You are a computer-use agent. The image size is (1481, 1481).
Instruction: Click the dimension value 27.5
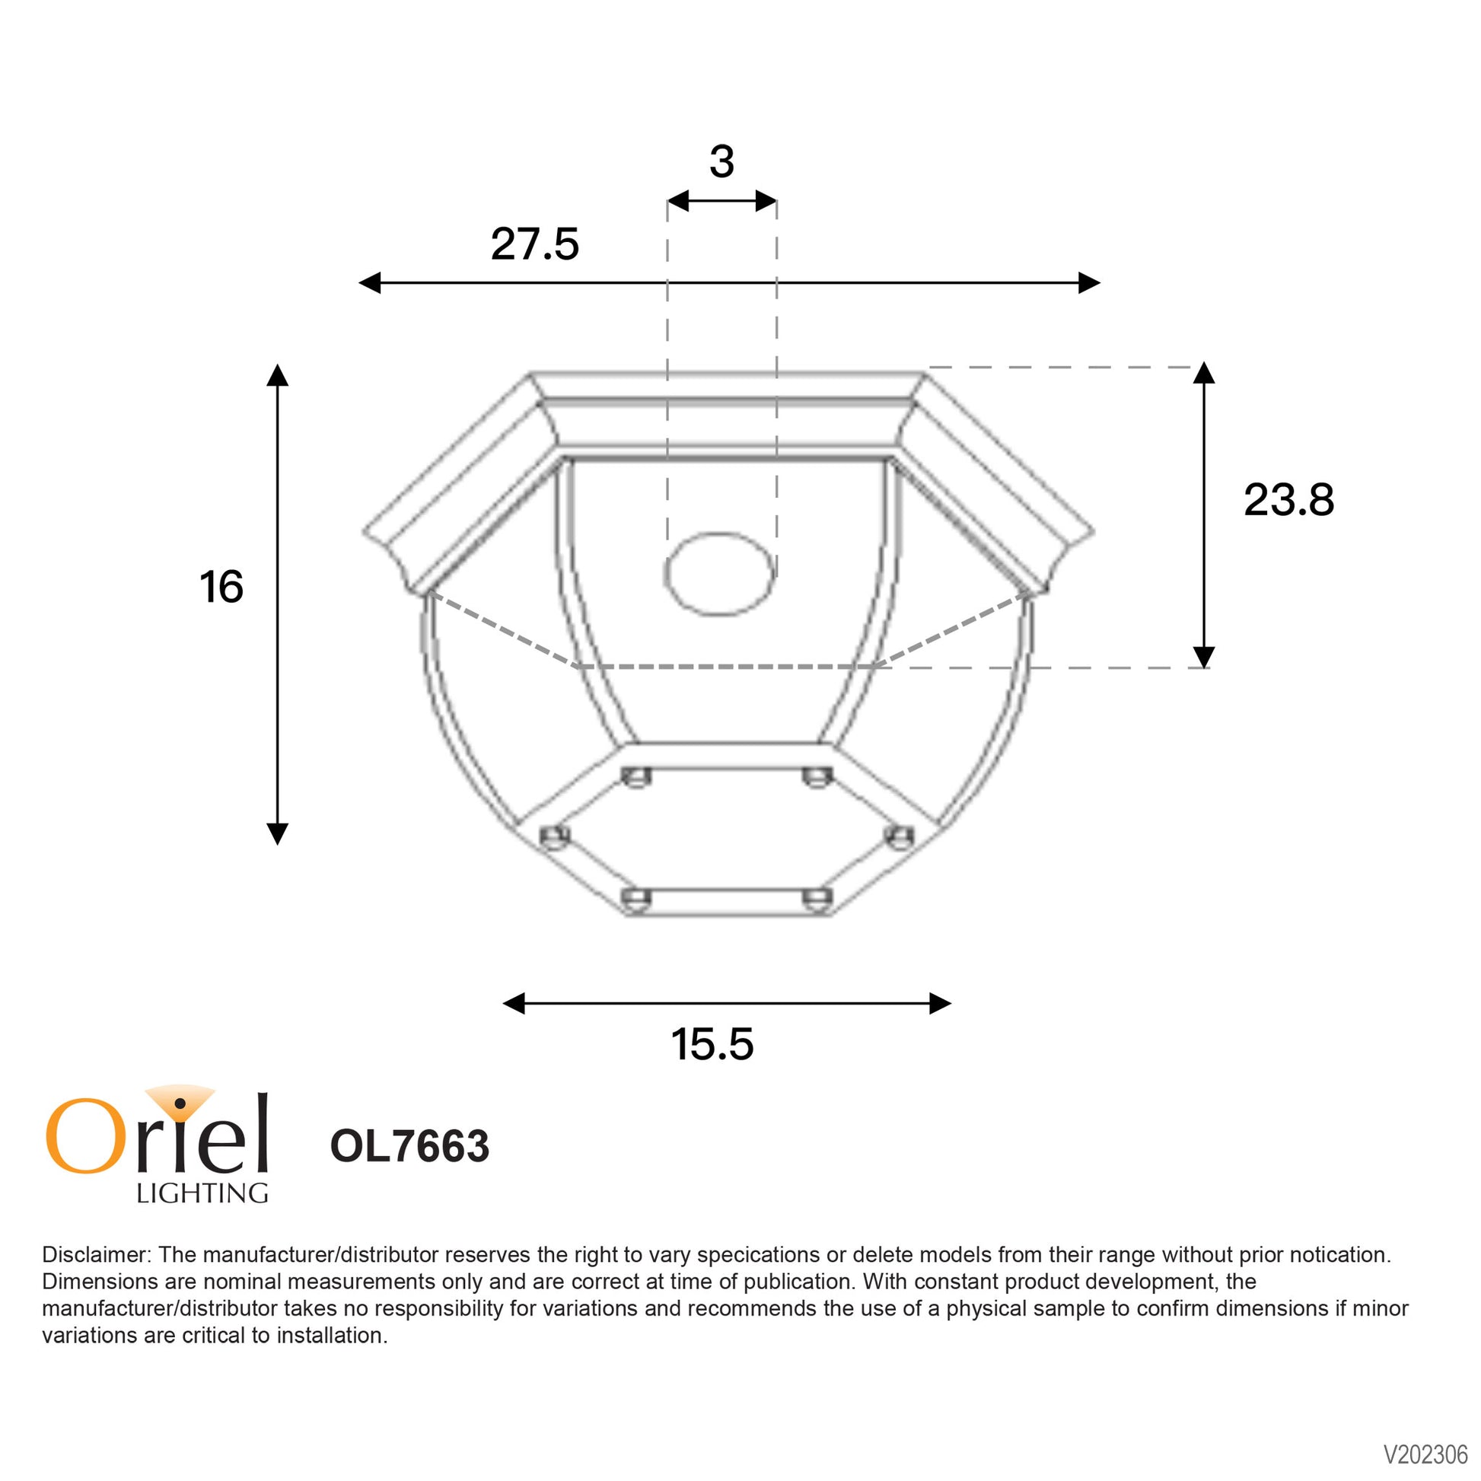(534, 244)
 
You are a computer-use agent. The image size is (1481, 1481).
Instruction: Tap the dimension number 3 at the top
(721, 162)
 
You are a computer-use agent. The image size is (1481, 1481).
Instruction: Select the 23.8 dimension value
(1288, 500)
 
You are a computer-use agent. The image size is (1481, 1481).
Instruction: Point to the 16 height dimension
(221, 587)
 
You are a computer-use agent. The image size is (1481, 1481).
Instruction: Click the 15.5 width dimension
(712, 1044)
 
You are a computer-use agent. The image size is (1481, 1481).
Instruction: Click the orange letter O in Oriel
(85, 1136)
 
